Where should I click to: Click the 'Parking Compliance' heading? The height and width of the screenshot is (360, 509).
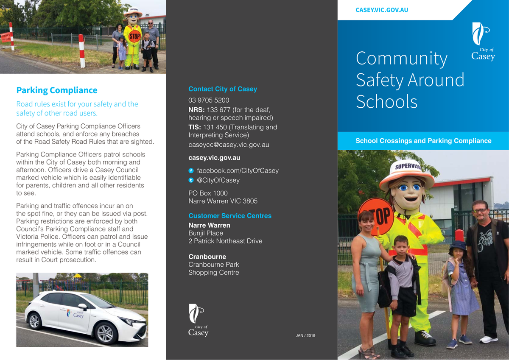click(56, 90)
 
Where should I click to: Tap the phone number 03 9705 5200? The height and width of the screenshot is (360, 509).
click(209, 100)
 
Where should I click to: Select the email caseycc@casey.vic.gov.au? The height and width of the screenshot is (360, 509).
click(229, 145)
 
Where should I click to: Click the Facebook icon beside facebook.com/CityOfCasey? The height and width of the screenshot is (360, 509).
click(191, 170)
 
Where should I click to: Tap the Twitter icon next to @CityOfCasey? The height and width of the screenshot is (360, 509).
click(191, 180)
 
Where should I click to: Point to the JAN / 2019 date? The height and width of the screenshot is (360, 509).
click(305, 336)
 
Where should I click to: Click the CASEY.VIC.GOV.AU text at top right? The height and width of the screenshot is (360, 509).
click(381, 10)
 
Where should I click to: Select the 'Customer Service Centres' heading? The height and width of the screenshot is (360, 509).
click(230, 216)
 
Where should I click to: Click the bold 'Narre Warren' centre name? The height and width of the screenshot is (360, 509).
click(209, 225)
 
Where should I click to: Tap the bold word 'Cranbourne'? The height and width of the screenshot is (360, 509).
click(207, 257)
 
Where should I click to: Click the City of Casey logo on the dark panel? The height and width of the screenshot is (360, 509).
click(198, 320)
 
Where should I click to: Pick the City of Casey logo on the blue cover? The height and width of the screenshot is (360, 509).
click(483, 42)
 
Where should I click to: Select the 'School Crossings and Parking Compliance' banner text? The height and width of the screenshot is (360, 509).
click(423, 141)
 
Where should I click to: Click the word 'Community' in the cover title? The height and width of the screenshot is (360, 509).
click(401, 59)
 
